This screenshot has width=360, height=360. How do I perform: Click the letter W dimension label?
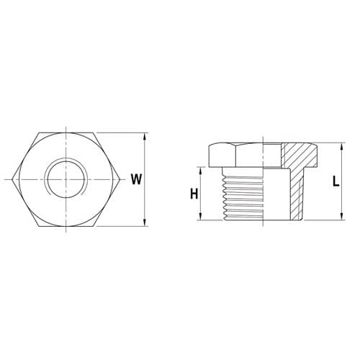click(x=136, y=179)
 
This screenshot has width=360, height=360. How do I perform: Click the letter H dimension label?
click(x=194, y=194)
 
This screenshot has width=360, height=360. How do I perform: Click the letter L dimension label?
click(x=336, y=181)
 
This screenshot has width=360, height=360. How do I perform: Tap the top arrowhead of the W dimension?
click(x=145, y=136)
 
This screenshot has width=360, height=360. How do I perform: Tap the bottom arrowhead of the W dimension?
click(x=145, y=222)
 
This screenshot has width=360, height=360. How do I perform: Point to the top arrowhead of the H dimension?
click(x=201, y=171)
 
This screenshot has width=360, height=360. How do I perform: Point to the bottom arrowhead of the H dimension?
click(x=201, y=217)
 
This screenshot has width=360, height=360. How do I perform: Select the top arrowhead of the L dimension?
click(x=341, y=146)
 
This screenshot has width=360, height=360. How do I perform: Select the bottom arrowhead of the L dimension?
click(x=341, y=217)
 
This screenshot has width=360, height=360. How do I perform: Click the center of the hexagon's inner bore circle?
click(x=66, y=179)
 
